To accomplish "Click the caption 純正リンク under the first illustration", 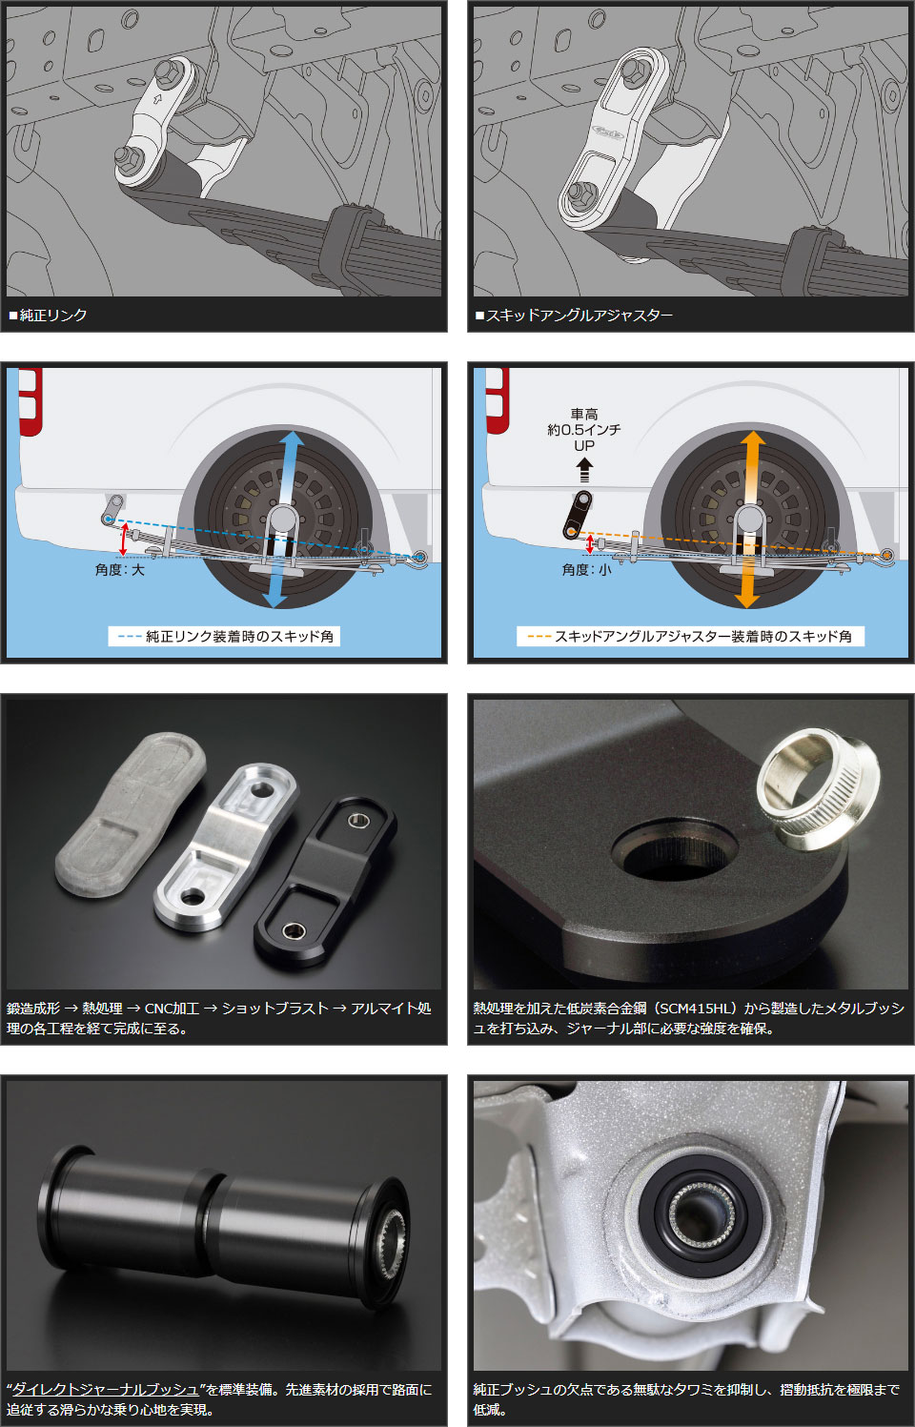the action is click(x=53, y=316).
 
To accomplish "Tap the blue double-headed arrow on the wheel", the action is click(x=282, y=520).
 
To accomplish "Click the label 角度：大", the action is click(x=120, y=569).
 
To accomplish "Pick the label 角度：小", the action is click(x=587, y=569).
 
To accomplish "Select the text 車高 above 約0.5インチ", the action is click(x=584, y=414).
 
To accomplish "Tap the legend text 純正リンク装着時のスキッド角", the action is click(x=239, y=637).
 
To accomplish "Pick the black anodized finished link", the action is click(x=325, y=883).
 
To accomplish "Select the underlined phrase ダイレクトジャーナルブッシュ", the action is click(x=106, y=1389).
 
